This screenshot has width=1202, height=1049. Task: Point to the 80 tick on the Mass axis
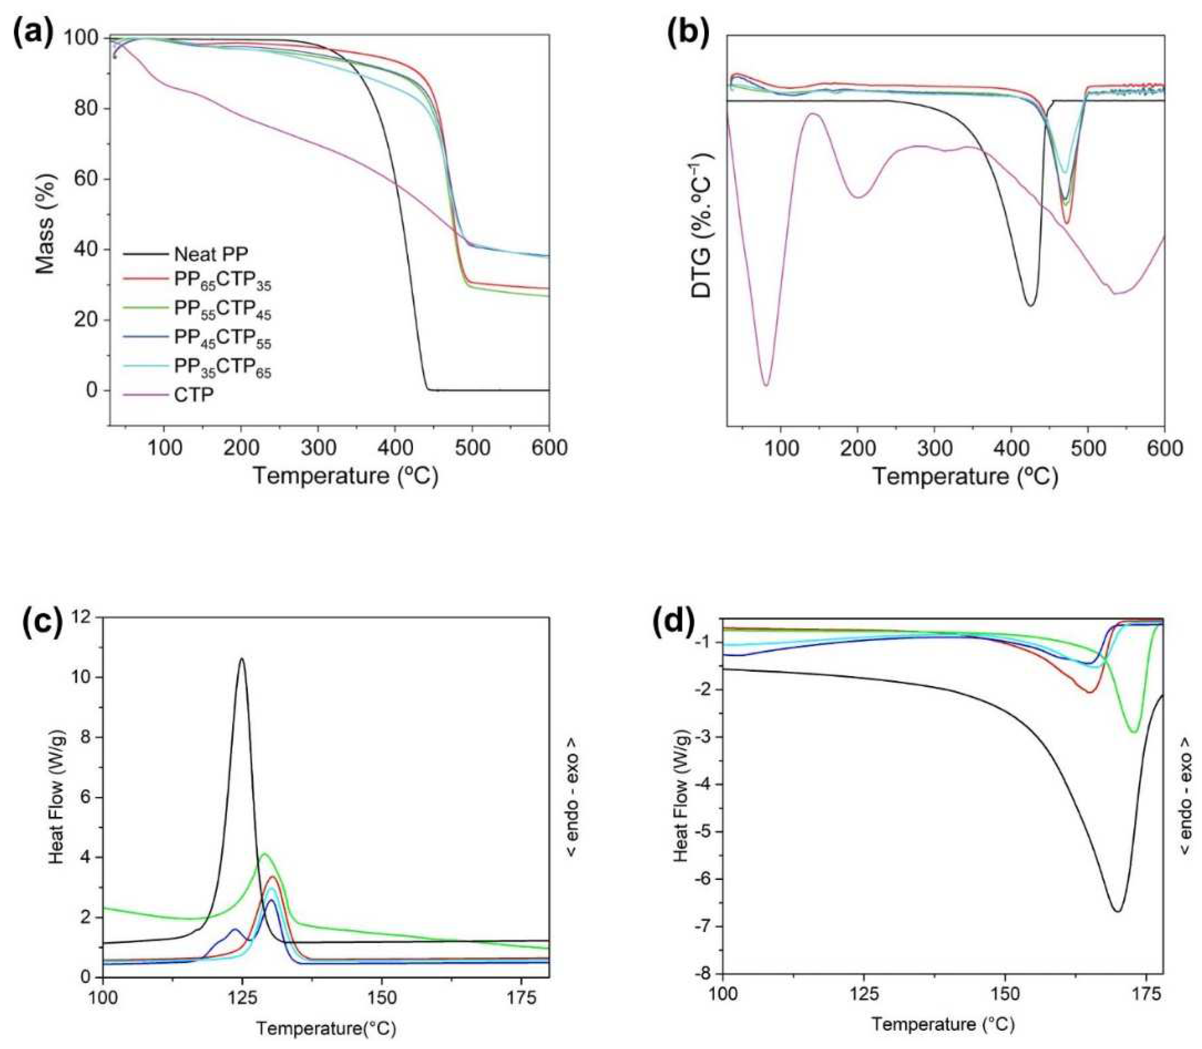[x=88, y=109]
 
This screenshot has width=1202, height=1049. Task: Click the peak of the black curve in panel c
[x=242, y=659]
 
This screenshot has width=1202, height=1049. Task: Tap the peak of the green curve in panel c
[x=264, y=854]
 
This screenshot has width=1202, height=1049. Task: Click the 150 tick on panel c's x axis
[x=382, y=998]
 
